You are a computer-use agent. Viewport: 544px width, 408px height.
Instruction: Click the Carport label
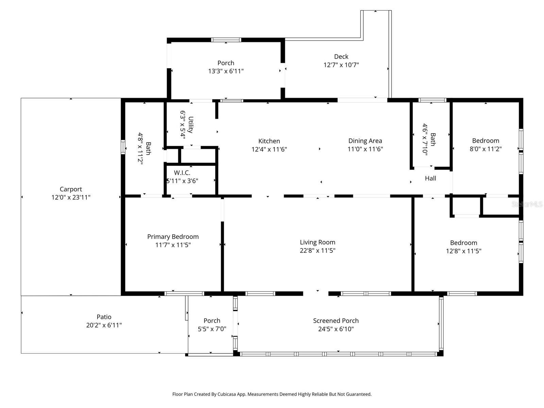point(71,189)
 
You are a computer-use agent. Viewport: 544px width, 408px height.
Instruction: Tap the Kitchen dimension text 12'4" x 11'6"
point(269,149)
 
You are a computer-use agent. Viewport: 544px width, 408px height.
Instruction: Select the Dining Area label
point(365,141)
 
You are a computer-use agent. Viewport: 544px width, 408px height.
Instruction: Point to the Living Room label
point(317,242)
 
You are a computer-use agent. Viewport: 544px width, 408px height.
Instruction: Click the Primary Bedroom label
point(173,237)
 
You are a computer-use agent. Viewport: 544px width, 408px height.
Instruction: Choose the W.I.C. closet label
point(182,173)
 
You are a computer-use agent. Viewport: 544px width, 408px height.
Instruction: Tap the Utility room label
point(191,124)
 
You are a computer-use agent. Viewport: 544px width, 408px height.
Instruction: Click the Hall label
point(430,178)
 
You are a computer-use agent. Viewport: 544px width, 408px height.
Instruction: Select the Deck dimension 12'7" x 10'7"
point(341,65)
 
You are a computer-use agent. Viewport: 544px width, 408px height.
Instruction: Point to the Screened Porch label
point(336,321)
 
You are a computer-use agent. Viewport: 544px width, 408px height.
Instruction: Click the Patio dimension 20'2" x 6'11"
point(104,325)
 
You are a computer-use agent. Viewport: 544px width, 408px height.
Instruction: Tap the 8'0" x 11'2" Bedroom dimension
point(486,149)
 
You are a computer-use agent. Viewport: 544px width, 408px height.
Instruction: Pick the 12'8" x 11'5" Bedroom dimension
point(463,251)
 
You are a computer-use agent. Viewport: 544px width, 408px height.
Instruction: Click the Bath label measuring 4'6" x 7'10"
point(433,139)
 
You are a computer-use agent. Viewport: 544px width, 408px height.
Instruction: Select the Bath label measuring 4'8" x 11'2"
point(148,148)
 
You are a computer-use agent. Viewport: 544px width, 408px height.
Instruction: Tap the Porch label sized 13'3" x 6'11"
point(226,63)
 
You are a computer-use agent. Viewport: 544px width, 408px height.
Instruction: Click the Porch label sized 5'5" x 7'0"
point(212,321)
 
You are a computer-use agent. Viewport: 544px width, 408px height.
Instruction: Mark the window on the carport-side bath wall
point(123,147)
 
